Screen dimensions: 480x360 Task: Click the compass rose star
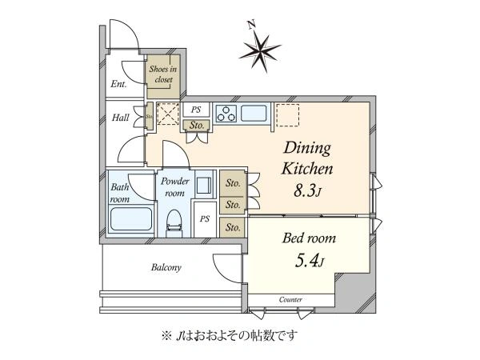pos(259,53)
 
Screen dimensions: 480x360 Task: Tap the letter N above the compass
pos(252,25)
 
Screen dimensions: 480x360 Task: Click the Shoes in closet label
pos(163,74)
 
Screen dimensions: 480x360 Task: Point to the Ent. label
pos(118,84)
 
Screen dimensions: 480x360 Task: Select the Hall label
pos(120,118)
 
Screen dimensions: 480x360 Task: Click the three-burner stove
pos(226,114)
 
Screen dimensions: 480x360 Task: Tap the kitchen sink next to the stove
pos(254,114)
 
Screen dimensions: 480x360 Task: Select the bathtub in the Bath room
pos(131,219)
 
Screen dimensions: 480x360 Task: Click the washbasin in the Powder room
pos(203,186)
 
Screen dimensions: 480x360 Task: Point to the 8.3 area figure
pos(307,191)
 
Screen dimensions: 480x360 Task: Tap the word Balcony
pos(166,267)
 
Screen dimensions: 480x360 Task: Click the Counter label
pos(290,299)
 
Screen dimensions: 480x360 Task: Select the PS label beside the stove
pos(196,110)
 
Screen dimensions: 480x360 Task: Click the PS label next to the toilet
pos(205,219)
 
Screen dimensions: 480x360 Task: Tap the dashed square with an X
pos(168,114)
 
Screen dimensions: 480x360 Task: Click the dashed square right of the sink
pos(287,115)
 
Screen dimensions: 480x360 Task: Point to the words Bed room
pos(309,238)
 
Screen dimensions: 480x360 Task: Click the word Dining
pos(307,149)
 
